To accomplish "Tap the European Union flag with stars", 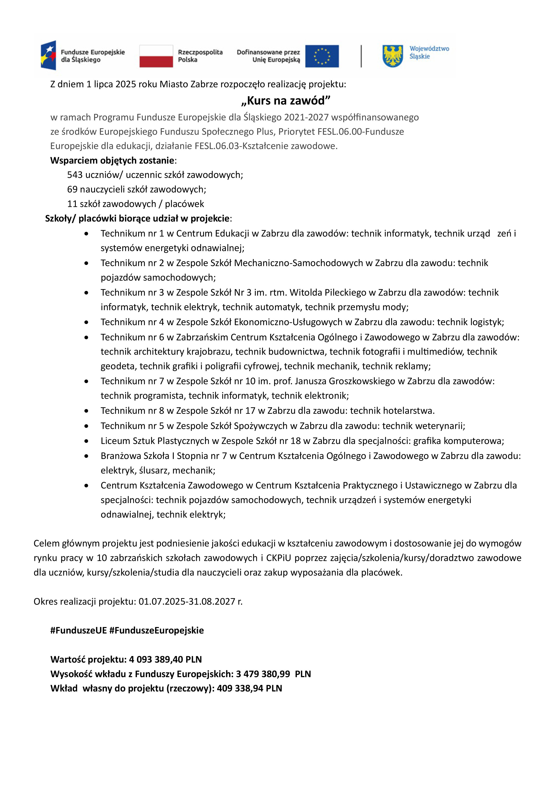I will coord(322,56).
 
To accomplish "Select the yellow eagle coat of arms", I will coord(393,56).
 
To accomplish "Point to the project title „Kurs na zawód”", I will coord(286,100).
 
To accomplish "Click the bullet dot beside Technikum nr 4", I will coord(87,322).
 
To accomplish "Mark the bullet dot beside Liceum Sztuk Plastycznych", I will coord(87,441).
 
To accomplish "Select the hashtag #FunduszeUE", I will coord(79,630).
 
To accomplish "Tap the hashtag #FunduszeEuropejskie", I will coord(157,630).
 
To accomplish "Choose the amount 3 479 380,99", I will coord(263,674).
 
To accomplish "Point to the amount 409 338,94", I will coord(240,688).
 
